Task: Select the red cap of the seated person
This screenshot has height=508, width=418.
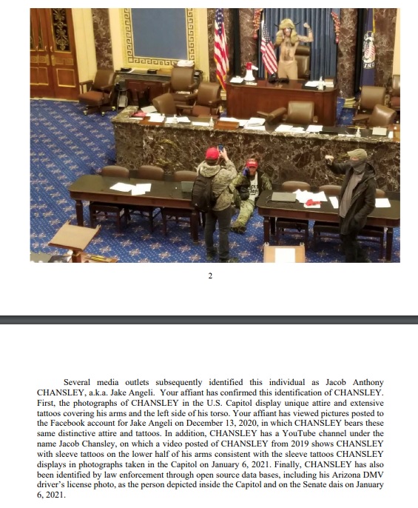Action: tap(251, 164)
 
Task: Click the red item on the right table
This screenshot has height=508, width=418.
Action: tap(313, 198)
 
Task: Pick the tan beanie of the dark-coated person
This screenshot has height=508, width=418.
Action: tap(357, 153)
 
